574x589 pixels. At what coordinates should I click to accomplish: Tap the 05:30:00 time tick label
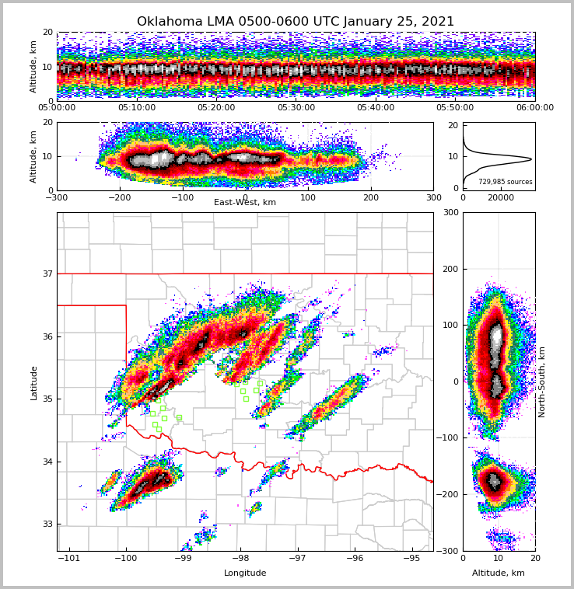(x=296, y=108)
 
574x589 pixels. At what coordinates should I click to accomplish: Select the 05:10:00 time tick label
(x=136, y=108)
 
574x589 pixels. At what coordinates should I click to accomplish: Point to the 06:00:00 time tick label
(x=534, y=108)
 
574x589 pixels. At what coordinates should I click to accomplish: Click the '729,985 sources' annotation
(x=506, y=182)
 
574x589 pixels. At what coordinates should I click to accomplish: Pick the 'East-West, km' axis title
(x=245, y=203)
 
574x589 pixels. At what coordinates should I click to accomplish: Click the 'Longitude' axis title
(x=245, y=573)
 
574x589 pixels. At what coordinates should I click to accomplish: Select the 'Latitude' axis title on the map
(x=33, y=382)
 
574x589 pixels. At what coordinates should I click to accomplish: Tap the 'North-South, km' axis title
(x=542, y=382)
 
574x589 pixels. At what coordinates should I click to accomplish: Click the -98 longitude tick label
(x=240, y=558)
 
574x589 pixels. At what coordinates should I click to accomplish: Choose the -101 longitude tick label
(x=69, y=558)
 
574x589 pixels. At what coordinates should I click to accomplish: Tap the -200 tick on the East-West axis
(x=119, y=197)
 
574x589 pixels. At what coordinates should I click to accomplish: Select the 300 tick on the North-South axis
(x=451, y=213)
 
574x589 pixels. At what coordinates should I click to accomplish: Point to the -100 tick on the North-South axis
(x=448, y=438)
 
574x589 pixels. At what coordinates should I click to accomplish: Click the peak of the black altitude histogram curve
(x=531, y=159)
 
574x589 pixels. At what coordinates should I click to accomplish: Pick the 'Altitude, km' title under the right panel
(x=499, y=573)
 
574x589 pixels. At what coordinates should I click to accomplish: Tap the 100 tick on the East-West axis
(x=308, y=197)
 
